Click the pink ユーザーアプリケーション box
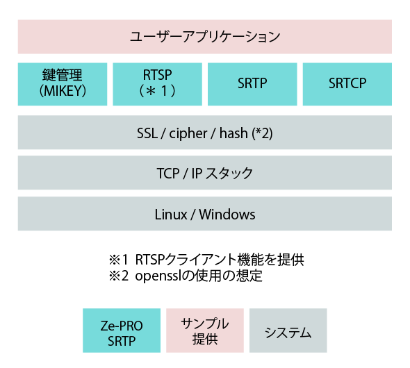pyautogui.click(x=205, y=37)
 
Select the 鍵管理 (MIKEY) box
pyautogui.click(x=63, y=84)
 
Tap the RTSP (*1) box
pyautogui.click(x=158, y=84)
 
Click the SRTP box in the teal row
pyautogui.click(x=252, y=84)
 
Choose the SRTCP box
pyautogui.click(x=347, y=84)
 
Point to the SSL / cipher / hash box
pyautogui.click(x=205, y=133)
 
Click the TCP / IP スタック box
pyautogui.click(x=205, y=173)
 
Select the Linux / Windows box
pyautogui.click(x=205, y=214)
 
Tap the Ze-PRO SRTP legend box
pyautogui.click(x=122, y=331)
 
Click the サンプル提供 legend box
pyautogui.click(x=205, y=331)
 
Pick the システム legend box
pyautogui.click(x=288, y=331)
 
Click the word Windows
pyautogui.click(x=227, y=215)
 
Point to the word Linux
pyautogui.click(x=171, y=215)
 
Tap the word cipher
pyautogui.click(x=188, y=134)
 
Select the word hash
pyautogui.click(x=233, y=133)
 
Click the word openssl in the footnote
pyautogui.click(x=158, y=276)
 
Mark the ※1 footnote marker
pyautogui.click(x=118, y=260)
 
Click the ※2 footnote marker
pyautogui.click(x=118, y=276)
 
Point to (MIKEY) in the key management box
pyautogui.click(x=63, y=92)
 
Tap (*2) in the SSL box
pyautogui.click(x=262, y=133)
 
